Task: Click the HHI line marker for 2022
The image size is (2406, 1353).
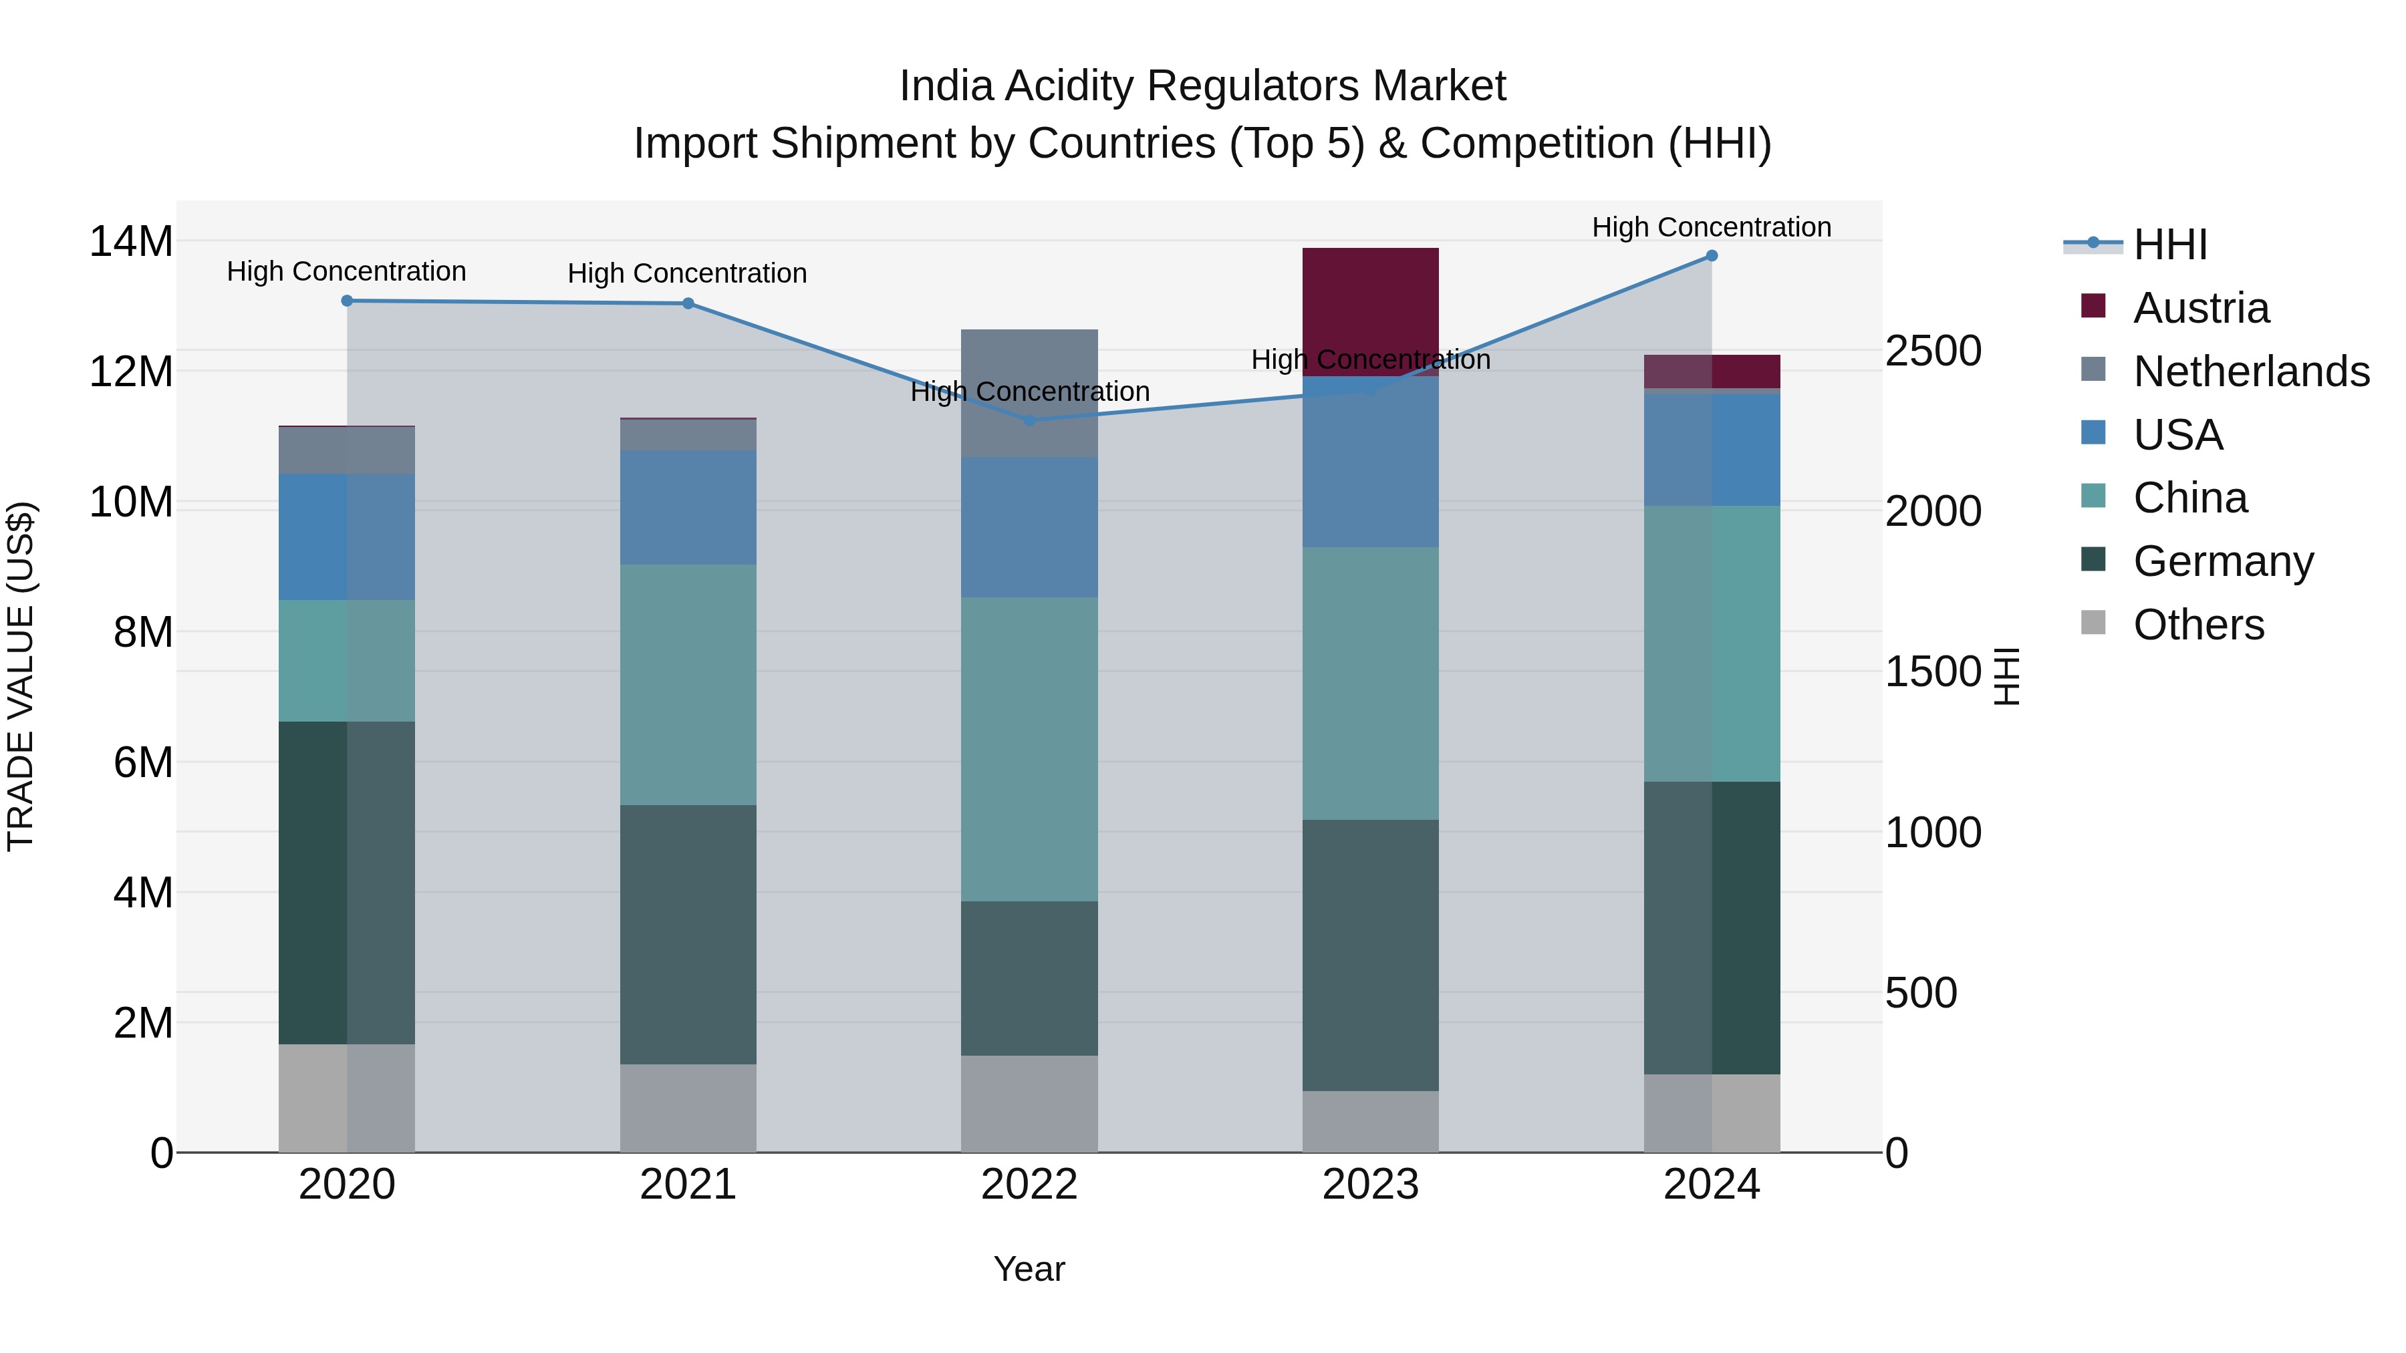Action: [1029, 420]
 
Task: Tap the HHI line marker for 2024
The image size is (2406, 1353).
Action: [1711, 256]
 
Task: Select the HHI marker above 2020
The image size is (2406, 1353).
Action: [346, 301]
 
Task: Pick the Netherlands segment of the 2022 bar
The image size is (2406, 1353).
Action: [1029, 393]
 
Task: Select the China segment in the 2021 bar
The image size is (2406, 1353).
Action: [688, 684]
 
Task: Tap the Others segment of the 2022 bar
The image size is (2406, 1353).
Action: [1029, 1104]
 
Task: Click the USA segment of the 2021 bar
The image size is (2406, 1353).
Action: [688, 507]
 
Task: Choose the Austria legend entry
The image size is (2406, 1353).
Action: [2201, 308]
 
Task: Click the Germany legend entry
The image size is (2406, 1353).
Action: [2223, 561]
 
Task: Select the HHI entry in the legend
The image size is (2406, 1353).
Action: [2169, 245]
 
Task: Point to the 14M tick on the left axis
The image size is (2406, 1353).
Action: [131, 242]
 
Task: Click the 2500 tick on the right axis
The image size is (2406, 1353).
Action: [1932, 351]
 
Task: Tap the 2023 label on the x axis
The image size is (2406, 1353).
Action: [1370, 1185]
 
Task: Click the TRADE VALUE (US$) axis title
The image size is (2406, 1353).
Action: [21, 676]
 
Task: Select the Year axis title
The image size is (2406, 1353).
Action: [1029, 1269]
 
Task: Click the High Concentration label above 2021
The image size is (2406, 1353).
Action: [688, 273]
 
